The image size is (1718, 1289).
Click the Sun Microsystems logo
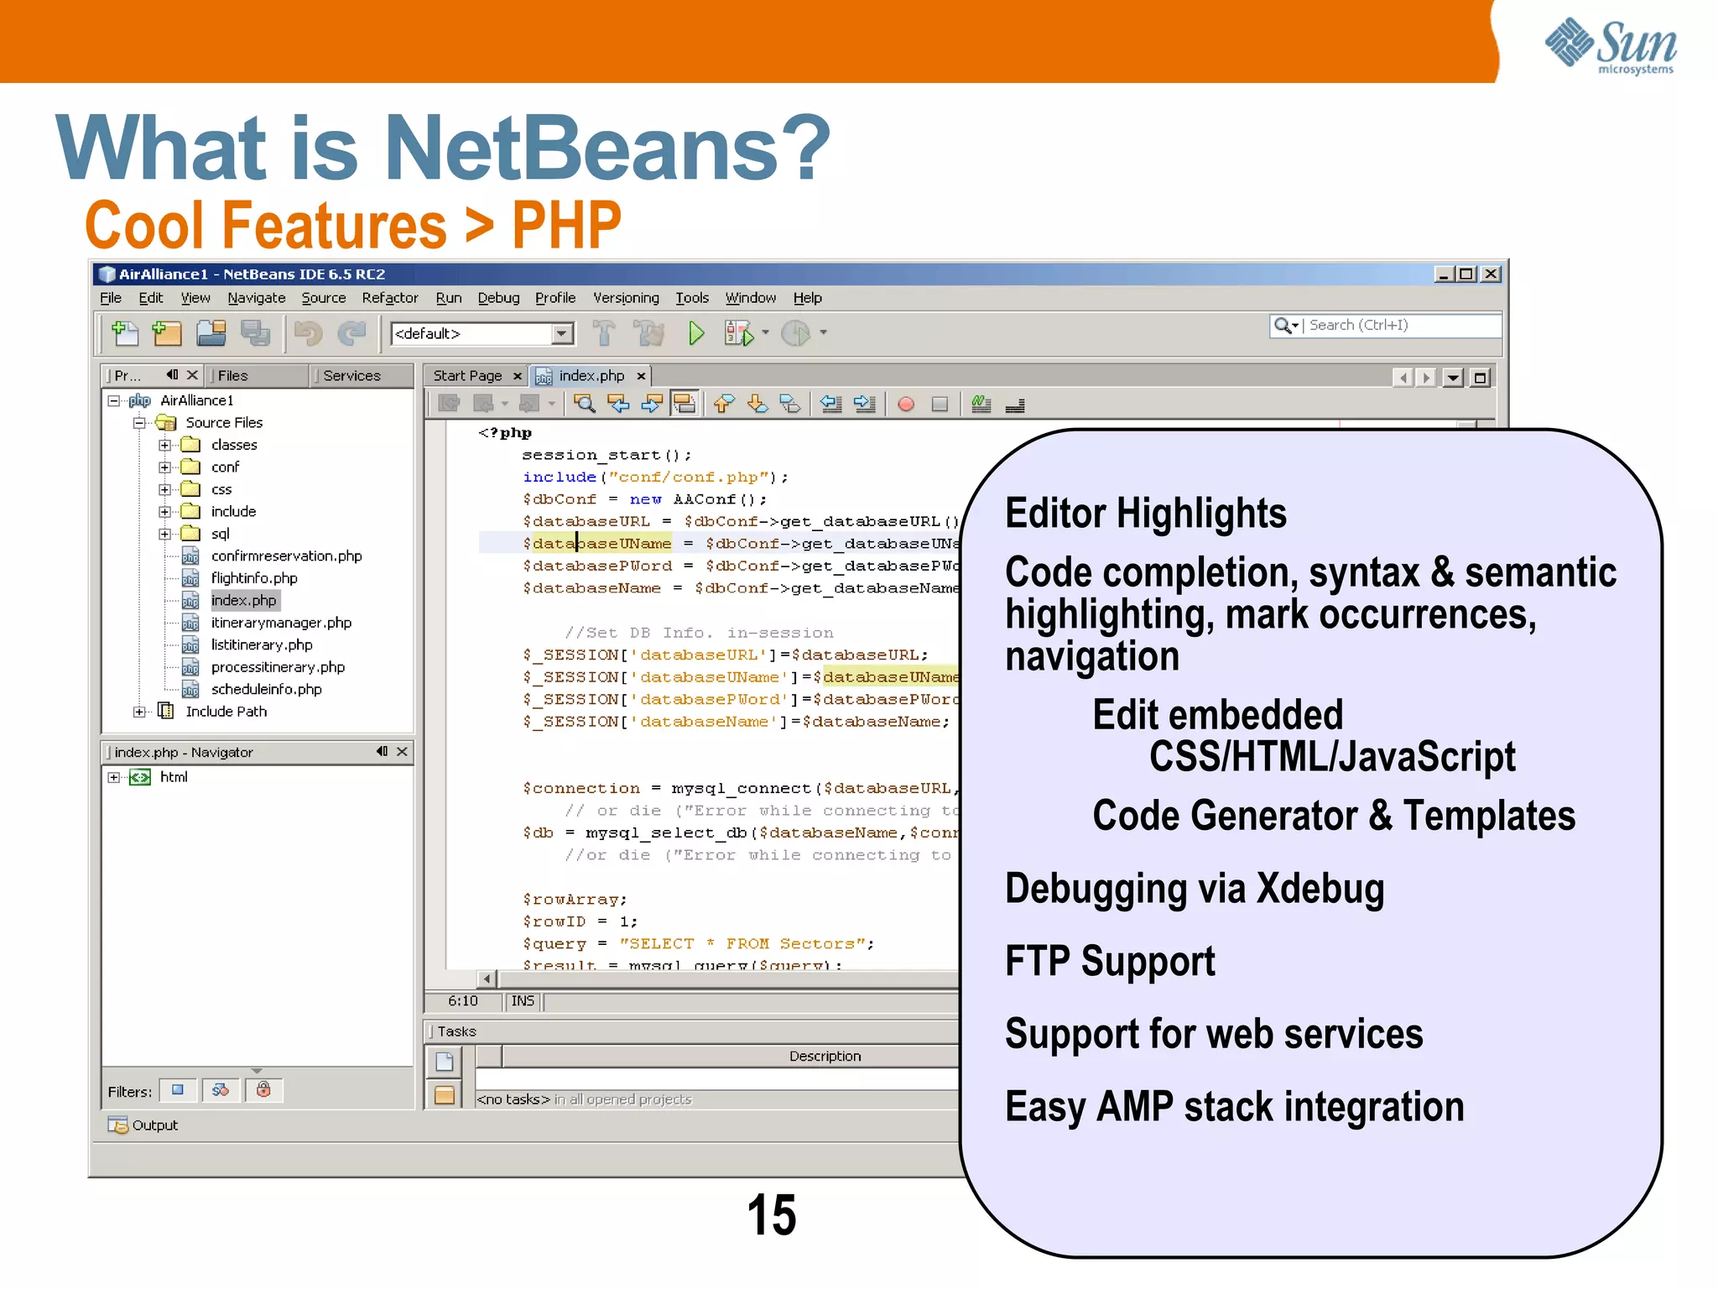click(x=1611, y=45)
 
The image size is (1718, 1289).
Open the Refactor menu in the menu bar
click(x=389, y=298)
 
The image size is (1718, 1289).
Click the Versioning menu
click(x=626, y=298)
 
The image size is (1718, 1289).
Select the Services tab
click(x=351, y=376)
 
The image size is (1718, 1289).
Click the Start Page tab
click(x=467, y=376)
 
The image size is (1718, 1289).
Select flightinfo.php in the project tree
click(x=253, y=578)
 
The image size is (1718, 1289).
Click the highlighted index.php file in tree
click(x=243, y=601)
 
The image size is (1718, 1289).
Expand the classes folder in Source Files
click(x=165, y=445)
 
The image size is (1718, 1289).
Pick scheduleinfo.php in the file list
click(x=266, y=690)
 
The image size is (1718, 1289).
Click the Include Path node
click(x=226, y=712)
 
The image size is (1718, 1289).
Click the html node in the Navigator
click(x=174, y=777)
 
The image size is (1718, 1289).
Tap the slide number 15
click(x=771, y=1214)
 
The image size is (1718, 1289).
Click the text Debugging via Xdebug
click(x=1194, y=889)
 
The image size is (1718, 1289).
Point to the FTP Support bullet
click(x=1109, y=962)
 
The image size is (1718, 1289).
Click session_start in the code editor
click(x=591, y=455)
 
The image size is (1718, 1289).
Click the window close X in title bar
click(x=1491, y=274)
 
